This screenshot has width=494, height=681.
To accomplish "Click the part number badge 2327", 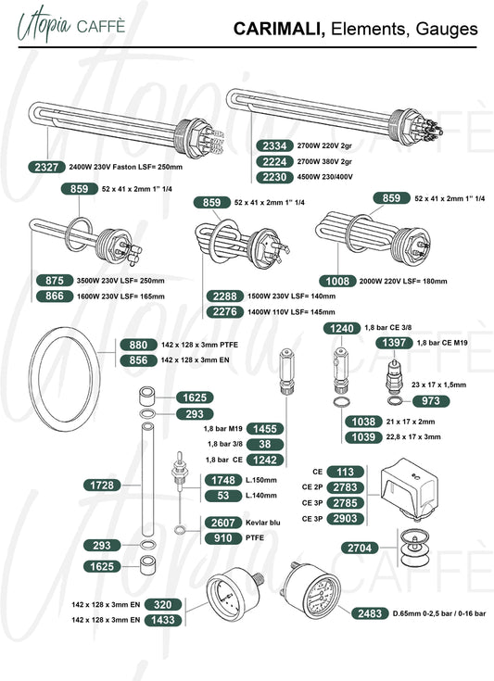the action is click(46, 167).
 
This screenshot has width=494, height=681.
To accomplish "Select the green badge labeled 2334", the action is click(274, 146).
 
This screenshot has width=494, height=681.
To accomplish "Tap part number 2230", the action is click(274, 177).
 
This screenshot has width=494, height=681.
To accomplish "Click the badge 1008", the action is click(337, 281).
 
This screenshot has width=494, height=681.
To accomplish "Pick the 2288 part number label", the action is click(224, 296).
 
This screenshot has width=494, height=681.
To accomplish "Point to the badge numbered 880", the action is click(138, 345).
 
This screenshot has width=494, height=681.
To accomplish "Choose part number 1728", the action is click(102, 486).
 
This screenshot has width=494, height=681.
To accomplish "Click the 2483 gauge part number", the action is click(370, 613).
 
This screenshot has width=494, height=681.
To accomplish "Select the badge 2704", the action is click(360, 549).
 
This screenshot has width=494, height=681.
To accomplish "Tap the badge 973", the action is click(431, 400).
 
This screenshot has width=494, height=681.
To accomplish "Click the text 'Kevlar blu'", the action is click(263, 523).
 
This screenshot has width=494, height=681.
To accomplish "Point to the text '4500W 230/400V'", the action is click(325, 177).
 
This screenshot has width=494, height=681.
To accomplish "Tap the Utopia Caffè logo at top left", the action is click(71, 25).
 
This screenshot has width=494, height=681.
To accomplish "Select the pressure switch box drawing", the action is click(410, 489).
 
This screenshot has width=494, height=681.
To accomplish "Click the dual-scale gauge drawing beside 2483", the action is click(311, 590).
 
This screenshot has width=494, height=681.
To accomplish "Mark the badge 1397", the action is click(394, 343).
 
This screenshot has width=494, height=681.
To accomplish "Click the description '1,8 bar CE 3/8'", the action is click(388, 327).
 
